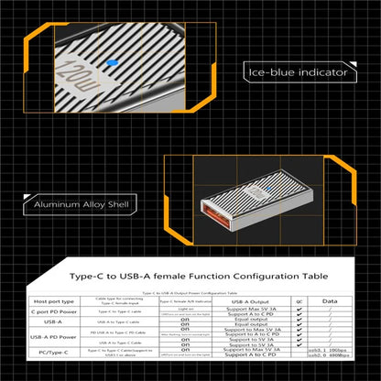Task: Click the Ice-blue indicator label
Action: tap(297, 71)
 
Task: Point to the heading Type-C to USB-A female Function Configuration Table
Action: tap(190, 273)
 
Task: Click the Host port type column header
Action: tap(60, 299)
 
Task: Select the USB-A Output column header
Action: tap(249, 299)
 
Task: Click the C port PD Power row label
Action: tap(60, 311)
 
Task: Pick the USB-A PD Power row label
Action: tap(60, 336)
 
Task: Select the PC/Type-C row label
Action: tap(60, 354)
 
